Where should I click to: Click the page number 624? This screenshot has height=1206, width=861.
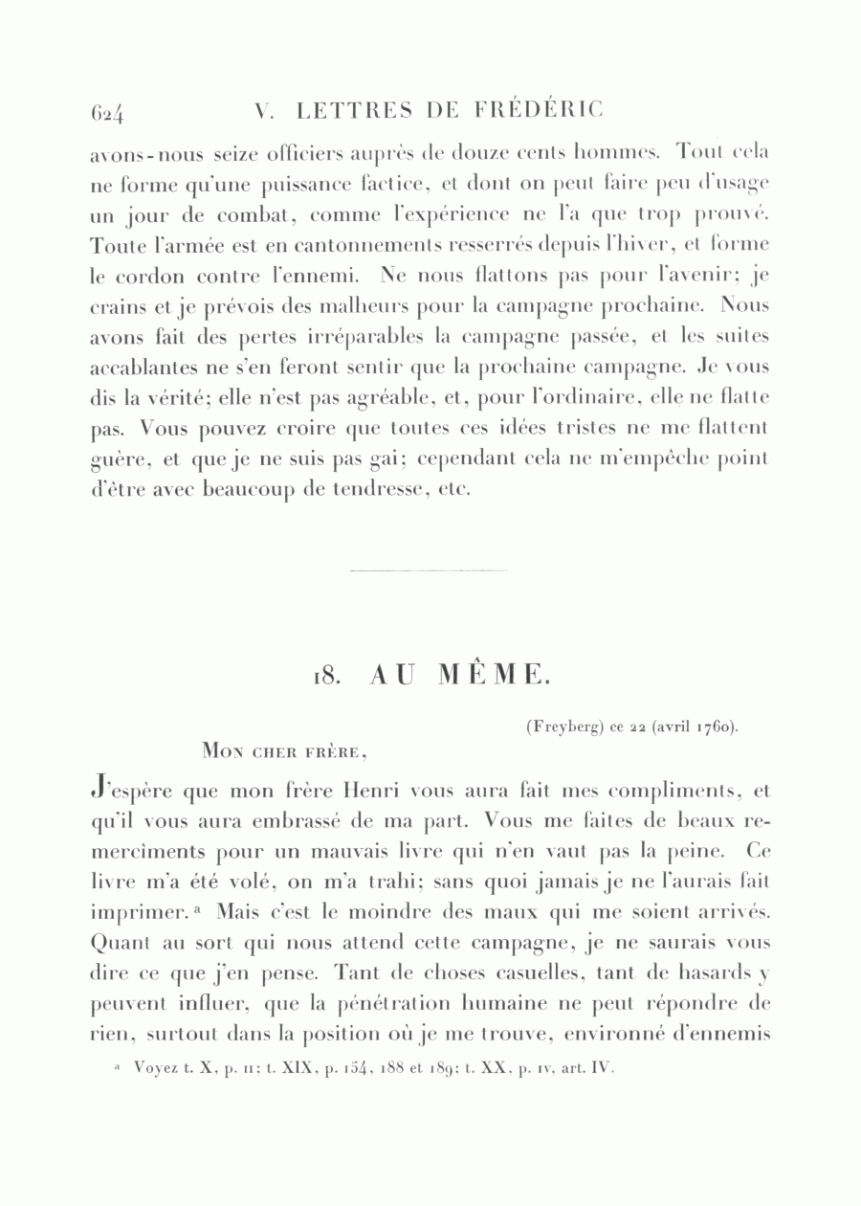coord(109,114)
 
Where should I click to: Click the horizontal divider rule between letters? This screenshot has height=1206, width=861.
coord(430,570)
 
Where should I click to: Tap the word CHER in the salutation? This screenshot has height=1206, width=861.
coord(278,752)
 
